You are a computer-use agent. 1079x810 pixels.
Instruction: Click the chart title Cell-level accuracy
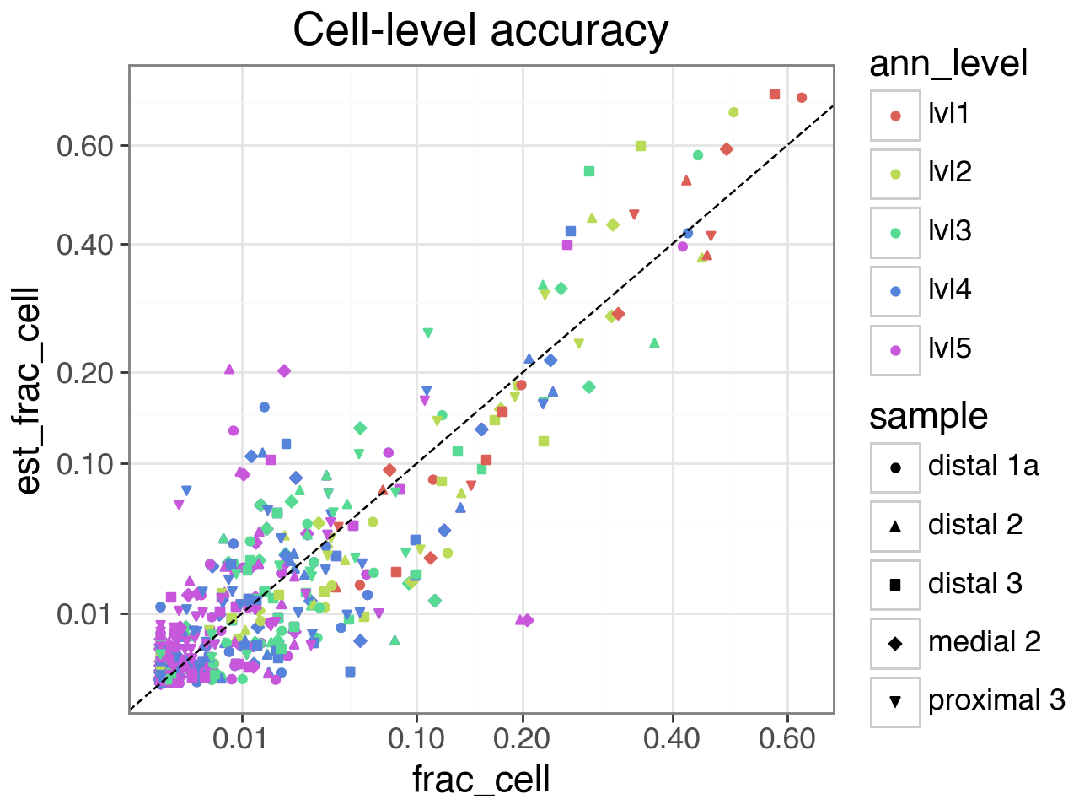(x=480, y=31)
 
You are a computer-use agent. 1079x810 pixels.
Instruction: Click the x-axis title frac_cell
(x=480, y=779)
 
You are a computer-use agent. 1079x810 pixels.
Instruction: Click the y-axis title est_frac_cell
(x=28, y=390)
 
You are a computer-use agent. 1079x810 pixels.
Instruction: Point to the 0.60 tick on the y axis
(x=84, y=146)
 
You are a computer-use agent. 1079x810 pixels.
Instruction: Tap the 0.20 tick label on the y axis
(x=84, y=372)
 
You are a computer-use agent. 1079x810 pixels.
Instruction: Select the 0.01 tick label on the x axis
(x=242, y=738)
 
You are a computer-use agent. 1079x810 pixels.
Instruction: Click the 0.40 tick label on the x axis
(x=672, y=738)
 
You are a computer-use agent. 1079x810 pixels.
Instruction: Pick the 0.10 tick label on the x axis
(x=416, y=738)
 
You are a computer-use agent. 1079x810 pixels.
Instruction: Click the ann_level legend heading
(x=948, y=64)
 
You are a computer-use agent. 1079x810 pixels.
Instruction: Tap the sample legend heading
(x=928, y=416)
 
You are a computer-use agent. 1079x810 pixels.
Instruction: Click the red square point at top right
(x=775, y=94)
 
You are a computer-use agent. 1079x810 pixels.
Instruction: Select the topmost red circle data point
(x=802, y=98)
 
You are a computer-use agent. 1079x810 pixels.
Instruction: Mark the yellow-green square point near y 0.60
(x=641, y=146)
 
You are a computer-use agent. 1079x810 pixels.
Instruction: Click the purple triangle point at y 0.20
(x=229, y=369)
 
